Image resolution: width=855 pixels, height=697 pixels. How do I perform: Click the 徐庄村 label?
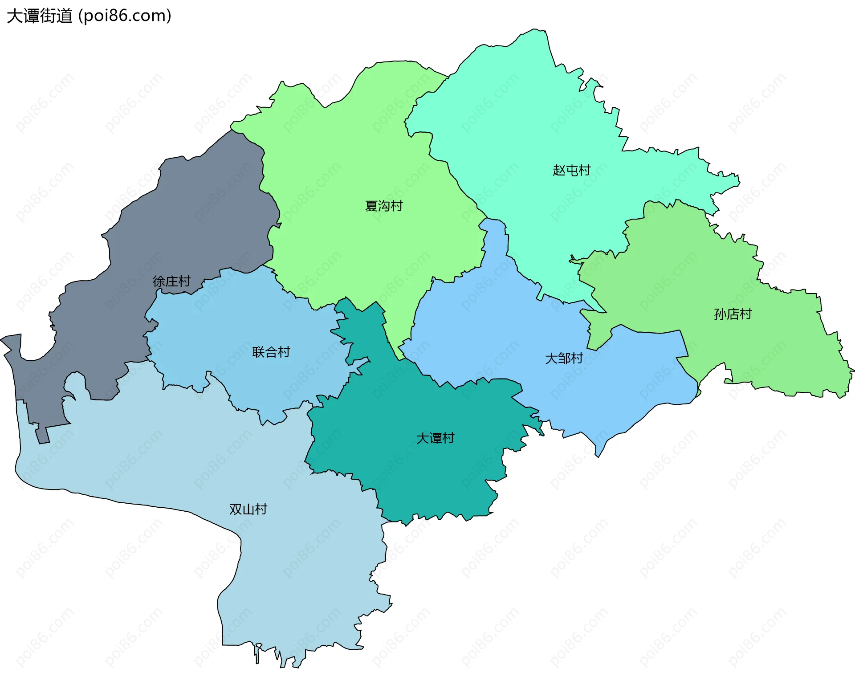click(x=171, y=281)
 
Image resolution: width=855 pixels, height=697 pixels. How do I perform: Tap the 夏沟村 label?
click(x=384, y=206)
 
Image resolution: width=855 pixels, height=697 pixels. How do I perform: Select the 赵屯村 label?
click(x=571, y=170)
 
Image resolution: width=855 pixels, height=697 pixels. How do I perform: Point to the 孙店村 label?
click(x=733, y=314)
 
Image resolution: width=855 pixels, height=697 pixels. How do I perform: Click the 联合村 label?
click(x=271, y=352)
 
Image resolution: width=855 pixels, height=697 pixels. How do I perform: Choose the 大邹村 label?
click(x=564, y=359)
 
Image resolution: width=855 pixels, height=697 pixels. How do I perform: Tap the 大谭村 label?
click(x=435, y=438)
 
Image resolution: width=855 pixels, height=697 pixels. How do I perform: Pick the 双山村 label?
click(x=248, y=509)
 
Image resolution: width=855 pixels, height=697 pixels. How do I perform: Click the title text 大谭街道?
click(x=39, y=16)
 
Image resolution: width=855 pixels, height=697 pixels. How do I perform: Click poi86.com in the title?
click(x=125, y=16)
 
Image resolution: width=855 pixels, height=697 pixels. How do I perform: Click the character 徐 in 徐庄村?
click(x=159, y=281)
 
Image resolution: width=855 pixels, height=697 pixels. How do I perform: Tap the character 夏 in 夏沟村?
click(x=371, y=206)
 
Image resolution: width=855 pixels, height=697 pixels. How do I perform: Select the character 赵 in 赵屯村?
click(x=559, y=170)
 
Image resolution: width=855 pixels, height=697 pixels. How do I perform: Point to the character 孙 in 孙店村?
click(x=720, y=314)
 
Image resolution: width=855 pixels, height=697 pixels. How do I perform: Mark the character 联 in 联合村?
click(x=258, y=352)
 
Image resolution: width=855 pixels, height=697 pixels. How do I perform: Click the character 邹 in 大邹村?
click(x=564, y=359)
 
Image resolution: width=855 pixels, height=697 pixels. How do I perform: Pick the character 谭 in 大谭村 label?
click(x=436, y=438)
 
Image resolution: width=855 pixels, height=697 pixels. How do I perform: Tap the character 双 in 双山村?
click(x=236, y=509)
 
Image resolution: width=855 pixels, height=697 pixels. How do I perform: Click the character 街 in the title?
click(x=48, y=16)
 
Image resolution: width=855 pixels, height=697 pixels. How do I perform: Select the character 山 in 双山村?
click(x=248, y=509)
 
